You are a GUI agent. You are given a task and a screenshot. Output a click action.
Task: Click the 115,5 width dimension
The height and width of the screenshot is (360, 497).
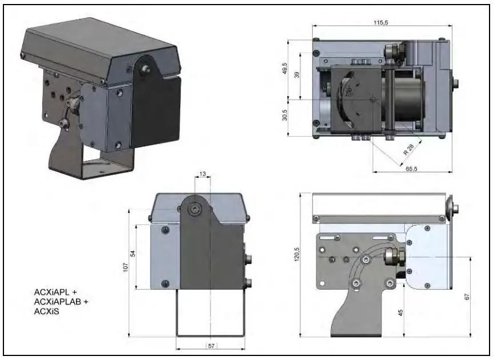point(382,21)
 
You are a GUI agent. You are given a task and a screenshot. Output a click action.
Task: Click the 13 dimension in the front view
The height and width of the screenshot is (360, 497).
point(203,173)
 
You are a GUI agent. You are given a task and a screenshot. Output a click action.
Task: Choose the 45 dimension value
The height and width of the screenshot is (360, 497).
point(400,312)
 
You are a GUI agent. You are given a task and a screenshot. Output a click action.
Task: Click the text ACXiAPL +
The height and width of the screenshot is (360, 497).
point(55,292)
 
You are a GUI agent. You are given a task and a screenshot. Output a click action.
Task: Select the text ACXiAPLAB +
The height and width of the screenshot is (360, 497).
point(62,302)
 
